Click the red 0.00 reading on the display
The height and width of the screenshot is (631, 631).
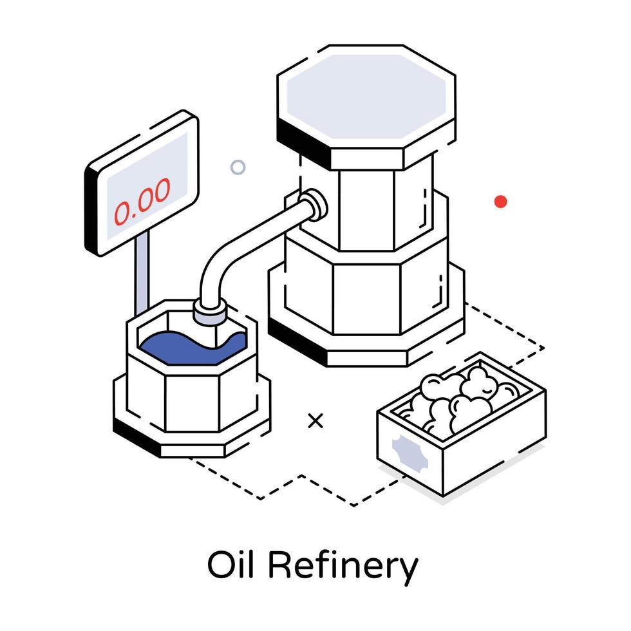click(142, 202)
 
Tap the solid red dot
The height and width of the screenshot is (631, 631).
click(501, 201)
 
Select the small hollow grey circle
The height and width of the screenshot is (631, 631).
click(238, 167)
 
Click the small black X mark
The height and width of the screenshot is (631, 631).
click(315, 421)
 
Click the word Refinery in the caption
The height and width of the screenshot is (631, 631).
click(343, 567)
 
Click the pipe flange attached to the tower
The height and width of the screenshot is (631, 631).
click(314, 205)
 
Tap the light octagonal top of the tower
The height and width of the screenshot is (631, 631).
click(366, 97)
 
